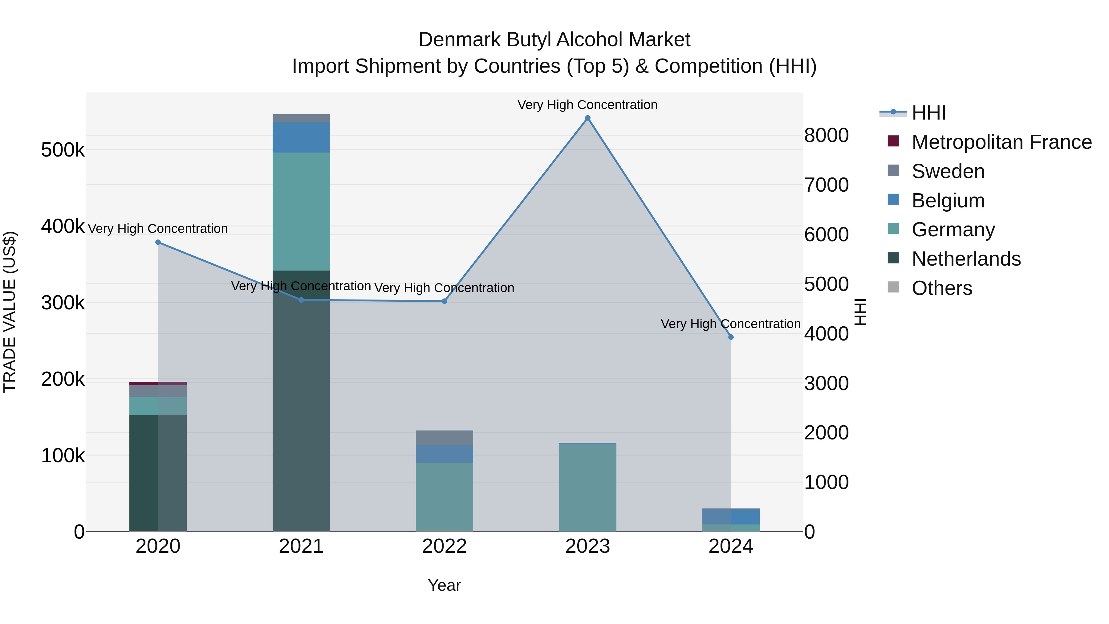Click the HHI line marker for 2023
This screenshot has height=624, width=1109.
click(588, 118)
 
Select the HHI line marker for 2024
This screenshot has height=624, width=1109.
click(731, 337)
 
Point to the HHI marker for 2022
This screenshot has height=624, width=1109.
click(445, 301)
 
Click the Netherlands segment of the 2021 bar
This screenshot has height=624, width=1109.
click(301, 401)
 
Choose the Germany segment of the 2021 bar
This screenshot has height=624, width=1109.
click(301, 211)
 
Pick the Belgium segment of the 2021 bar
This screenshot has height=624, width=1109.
click(301, 137)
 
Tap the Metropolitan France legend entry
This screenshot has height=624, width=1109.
click(1001, 142)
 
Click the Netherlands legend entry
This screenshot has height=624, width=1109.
click(966, 259)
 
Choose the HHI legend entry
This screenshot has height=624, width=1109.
click(928, 113)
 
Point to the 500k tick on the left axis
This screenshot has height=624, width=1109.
click(63, 150)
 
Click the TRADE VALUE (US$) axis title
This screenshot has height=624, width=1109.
click(10, 312)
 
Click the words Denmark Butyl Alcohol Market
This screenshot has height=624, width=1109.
click(554, 40)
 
